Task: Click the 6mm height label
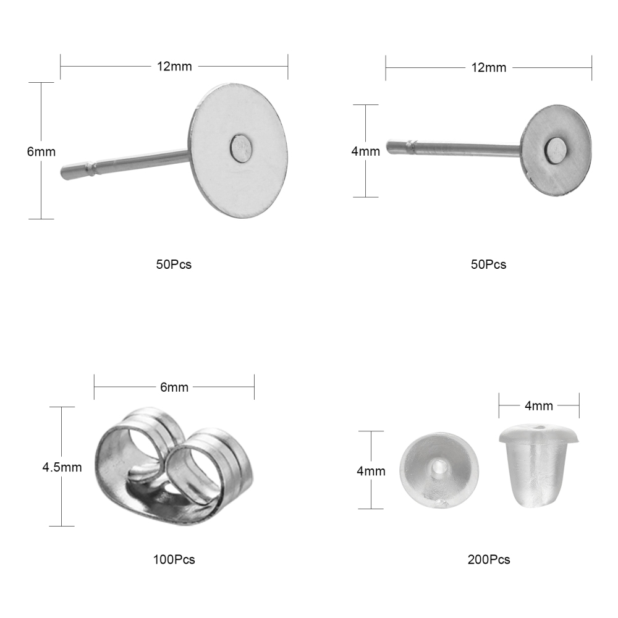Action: pos(41,152)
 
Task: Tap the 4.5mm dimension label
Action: pos(62,467)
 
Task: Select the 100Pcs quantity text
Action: pos(174,559)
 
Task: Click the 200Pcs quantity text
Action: pos(489,559)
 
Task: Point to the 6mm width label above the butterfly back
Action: pos(174,387)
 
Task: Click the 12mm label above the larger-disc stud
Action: pos(174,66)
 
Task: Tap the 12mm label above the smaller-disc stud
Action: pos(489,67)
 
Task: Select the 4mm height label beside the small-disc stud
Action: pos(366,151)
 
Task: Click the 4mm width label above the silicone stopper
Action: pos(539,405)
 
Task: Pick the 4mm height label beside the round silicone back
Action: pos(371,471)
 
